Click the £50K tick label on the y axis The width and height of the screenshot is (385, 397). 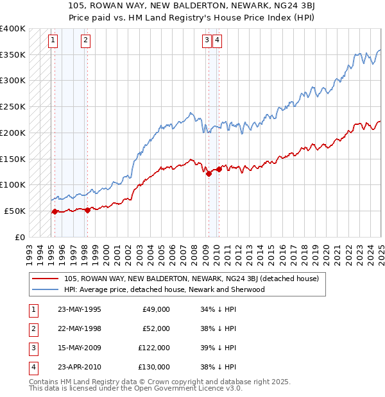tap(15, 211)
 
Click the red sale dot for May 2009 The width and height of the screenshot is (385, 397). tap(209, 173)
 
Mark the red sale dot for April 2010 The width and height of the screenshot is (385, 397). tap(219, 169)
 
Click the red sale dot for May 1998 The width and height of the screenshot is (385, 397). tap(88, 209)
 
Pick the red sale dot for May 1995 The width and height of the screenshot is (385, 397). tap(55, 211)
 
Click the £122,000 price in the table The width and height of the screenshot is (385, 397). tap(154, 348)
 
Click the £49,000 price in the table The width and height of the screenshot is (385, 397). tap(156, 309)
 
